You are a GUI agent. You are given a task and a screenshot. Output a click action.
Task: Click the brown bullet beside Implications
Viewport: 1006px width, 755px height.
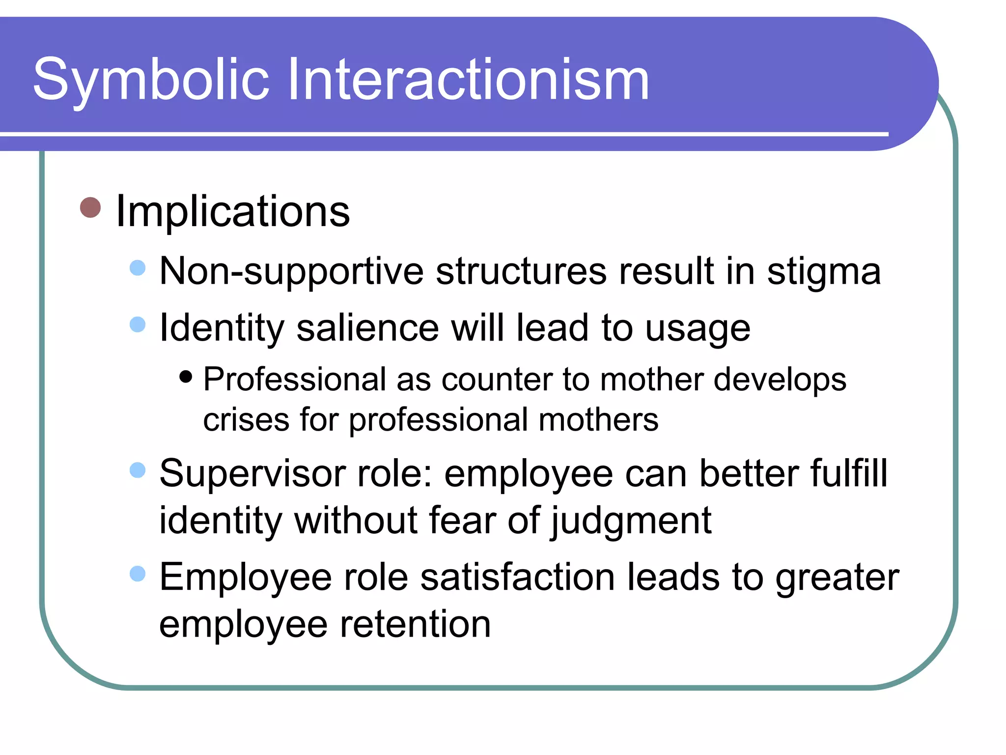90,207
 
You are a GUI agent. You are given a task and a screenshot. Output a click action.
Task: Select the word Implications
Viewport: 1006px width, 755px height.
232,211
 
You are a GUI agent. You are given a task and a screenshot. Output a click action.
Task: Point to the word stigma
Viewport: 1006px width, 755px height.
824,272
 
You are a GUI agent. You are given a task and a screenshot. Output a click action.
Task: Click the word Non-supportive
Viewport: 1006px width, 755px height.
291,272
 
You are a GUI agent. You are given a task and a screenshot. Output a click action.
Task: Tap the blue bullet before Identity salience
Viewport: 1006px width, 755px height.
138,324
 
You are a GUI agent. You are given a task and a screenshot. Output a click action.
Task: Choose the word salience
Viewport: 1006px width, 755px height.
367,328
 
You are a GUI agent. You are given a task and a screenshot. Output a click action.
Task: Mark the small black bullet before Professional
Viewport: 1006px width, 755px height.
186,377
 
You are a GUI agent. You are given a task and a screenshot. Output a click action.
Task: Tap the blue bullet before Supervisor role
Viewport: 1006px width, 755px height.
138,470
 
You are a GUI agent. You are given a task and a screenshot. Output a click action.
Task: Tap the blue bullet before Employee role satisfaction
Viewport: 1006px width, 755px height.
138,574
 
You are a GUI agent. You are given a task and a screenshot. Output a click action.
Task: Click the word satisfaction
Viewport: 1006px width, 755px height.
517,577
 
